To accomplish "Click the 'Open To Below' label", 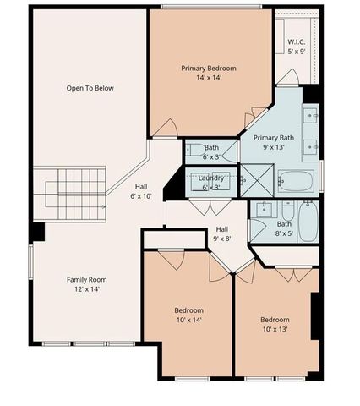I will pyautogui.click(x=90, y=88).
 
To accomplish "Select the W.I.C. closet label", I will pyautogui.click(x=296, y=41).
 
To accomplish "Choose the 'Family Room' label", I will pyautogui.click(x=87, y=279).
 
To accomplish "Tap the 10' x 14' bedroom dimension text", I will pyautogui.click(x=188, y=321).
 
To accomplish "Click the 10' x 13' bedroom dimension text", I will pyautogui.click(x=275, y=330).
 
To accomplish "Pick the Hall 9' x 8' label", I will pyautogui.click(x=221, y=233).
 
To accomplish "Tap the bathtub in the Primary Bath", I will pyautogui.click(x=296, y=181).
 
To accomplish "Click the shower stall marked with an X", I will pyautogui.click(x=255, y=179).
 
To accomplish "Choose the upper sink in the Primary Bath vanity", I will pyautogui.click(x=309, y=116).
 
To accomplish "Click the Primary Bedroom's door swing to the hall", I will pyautogui.click(x=167, y=129).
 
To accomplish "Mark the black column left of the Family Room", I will pyautogui.click(x=37, y=231).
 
